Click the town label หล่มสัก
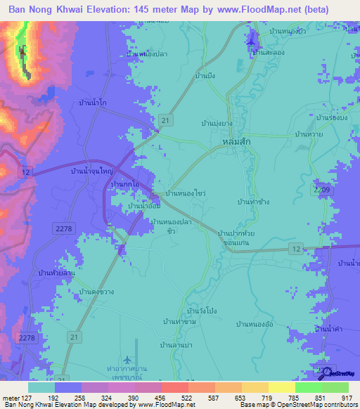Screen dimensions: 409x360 237,141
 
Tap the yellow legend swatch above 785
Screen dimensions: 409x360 282,387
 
